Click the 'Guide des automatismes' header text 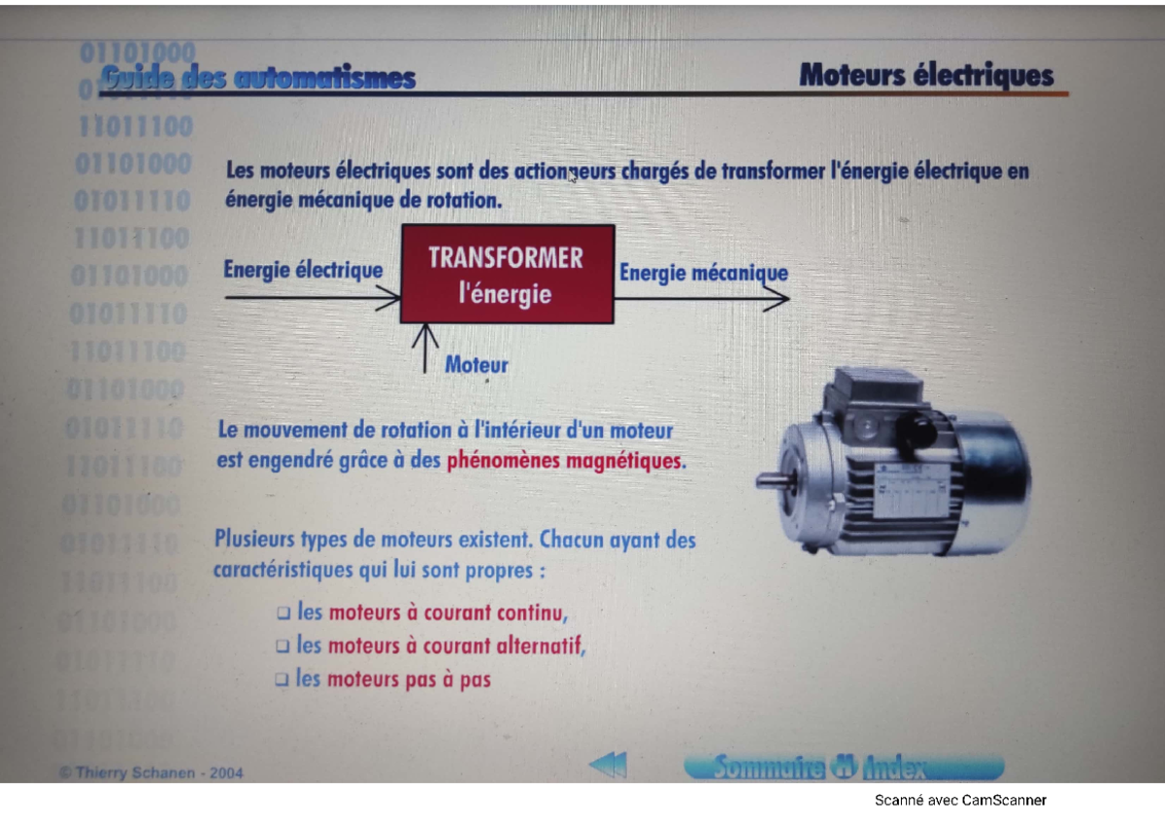click(257, 79)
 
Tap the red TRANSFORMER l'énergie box click(507, 274)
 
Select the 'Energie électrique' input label click(303, 270)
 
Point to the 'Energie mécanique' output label click(703, 274)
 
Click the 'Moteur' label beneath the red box click(476, 366)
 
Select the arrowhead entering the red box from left click(389, 300)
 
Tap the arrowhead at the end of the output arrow click(777, 300)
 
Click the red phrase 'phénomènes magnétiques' click(565, 461)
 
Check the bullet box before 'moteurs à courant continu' click(283, 614)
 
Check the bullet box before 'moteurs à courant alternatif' click(283, 646)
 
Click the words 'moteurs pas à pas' click(409, 679)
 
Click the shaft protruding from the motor click(773, 479)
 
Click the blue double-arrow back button click(608, 767)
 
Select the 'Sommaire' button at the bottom click(767, 768)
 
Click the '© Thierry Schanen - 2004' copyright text click(151, 774)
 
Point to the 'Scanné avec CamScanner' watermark click(959, 801)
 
